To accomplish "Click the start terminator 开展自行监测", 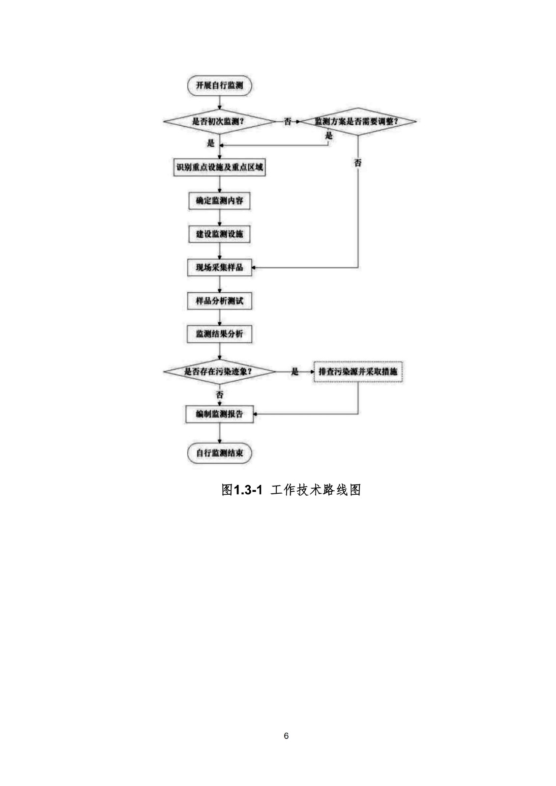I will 219,85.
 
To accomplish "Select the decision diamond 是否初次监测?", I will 219,121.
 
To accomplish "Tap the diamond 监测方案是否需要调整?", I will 357,121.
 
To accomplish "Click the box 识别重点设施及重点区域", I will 219,168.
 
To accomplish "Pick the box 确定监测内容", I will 219,201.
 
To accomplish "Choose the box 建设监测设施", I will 219,234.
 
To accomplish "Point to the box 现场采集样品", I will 219,268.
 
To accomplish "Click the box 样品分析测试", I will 219,301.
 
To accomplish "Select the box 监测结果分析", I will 219,334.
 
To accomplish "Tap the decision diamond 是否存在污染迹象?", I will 219,371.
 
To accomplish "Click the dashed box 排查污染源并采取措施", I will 358,371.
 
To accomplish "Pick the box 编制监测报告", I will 219,414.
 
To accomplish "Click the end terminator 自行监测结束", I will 219,453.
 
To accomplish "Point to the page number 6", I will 286,736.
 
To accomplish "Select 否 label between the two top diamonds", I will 288,121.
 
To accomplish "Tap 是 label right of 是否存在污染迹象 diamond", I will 295,371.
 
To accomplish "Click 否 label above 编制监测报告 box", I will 220,394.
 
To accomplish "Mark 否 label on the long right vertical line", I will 358,163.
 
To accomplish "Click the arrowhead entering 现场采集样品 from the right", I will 254,268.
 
